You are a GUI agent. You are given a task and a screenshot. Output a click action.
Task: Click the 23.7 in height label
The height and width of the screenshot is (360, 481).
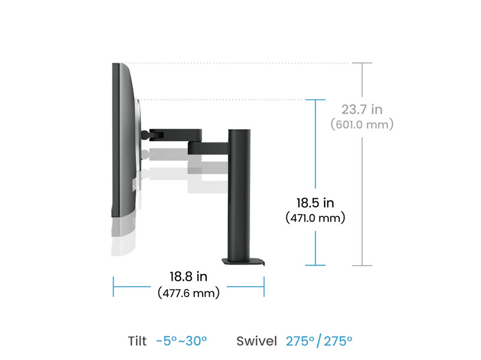tap(362, 109)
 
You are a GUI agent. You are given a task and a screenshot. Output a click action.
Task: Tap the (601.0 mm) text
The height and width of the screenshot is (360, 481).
tap(362, 124)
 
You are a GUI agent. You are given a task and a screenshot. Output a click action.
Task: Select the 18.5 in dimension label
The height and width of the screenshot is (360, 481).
tap(315, 203)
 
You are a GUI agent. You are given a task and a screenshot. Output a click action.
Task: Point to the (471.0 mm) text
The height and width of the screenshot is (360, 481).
tap(315, 218)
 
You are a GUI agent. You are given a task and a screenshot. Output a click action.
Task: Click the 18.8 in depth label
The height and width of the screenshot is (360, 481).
tap(188, 276)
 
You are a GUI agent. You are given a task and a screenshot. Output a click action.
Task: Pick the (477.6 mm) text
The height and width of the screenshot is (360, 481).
tap(188, 293)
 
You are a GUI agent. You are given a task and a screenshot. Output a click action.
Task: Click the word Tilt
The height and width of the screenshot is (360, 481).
tap(137, 341)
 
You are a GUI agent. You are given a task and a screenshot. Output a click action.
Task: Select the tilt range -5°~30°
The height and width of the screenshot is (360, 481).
tap(182, 341)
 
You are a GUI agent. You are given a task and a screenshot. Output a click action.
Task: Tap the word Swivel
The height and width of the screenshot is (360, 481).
tap(257, 341)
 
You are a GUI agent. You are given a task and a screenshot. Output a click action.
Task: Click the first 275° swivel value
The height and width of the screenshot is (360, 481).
tap(300, 341)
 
